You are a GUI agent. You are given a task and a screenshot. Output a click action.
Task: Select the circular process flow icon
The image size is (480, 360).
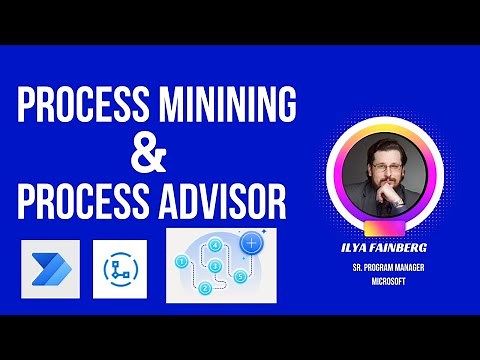119,267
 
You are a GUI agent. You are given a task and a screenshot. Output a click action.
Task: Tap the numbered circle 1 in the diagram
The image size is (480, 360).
181,262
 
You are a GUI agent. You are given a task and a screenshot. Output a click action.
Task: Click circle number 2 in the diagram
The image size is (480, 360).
204,289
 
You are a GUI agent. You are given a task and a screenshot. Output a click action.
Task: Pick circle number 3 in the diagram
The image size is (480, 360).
215,265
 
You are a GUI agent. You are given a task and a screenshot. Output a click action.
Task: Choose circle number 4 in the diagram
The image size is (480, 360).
215,244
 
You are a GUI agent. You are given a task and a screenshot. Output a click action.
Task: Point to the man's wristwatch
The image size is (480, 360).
397,199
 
